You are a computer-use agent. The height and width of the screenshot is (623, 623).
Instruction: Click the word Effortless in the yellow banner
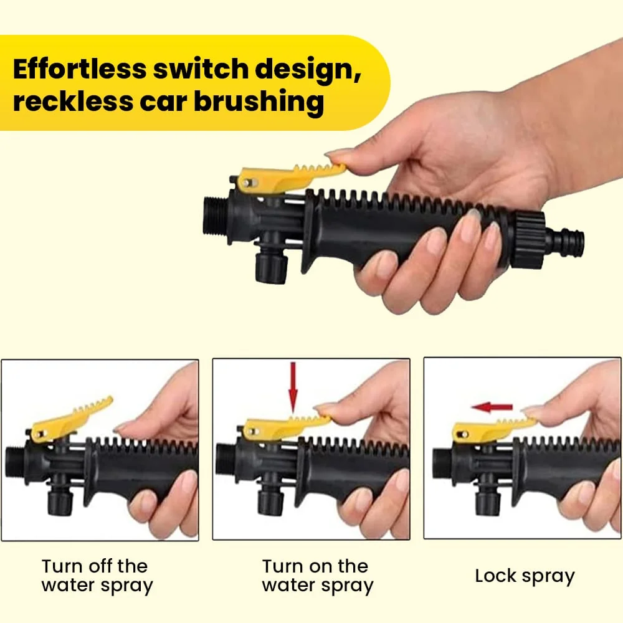tap(80, 69)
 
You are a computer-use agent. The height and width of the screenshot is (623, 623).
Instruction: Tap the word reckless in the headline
tap(73, 101)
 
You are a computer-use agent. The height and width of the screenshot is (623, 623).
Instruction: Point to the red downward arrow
tap(293, 388)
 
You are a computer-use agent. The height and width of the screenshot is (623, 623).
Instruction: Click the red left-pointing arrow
tap(492, 407)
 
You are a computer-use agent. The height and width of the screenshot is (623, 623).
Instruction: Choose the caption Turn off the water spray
tap(97, 576)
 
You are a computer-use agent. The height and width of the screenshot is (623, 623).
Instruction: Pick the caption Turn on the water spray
tap(318, 576)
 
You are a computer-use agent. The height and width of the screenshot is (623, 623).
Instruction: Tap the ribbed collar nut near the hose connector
tap(526, 240)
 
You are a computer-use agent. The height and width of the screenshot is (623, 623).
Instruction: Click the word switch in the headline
tap(201, 69)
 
